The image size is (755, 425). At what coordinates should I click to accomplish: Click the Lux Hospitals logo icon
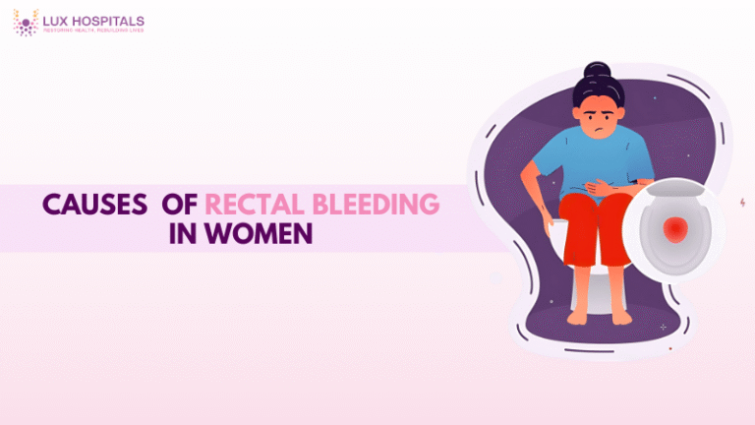click(25, 23)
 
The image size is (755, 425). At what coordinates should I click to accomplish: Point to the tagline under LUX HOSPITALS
click(93, 30)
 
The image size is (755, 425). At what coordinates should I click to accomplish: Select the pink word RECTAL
click(252, 205)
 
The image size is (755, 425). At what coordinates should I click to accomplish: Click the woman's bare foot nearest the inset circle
click(620, 316)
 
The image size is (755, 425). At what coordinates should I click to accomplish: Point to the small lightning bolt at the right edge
click(741, 202)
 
